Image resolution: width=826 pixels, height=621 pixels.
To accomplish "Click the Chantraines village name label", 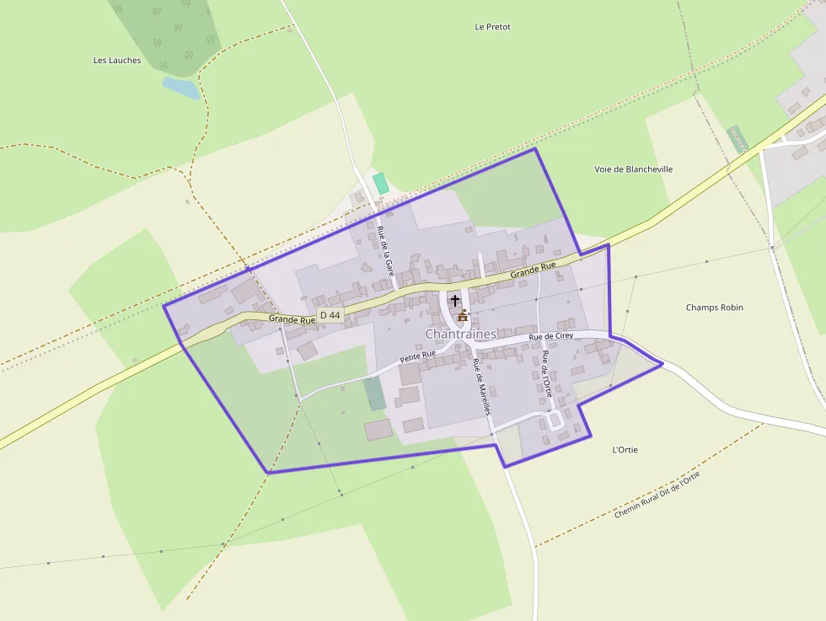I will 460,335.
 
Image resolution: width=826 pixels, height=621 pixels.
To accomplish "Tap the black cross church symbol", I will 455,300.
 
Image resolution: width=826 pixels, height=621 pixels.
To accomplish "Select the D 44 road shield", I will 330,315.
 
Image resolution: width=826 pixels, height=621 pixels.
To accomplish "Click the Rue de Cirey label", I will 551,336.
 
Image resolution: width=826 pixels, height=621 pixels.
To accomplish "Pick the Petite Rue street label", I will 417,356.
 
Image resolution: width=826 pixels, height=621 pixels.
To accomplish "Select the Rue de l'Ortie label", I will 546,374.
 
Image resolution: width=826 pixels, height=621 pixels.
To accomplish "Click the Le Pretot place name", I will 492,27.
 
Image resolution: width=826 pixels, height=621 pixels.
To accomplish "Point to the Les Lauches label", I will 117,61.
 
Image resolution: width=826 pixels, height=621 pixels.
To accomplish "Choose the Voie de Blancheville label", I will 633,169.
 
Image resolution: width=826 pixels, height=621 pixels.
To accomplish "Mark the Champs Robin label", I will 714,308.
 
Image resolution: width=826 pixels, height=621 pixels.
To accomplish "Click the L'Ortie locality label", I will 625,450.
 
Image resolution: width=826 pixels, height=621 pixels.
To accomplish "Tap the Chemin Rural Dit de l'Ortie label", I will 657,495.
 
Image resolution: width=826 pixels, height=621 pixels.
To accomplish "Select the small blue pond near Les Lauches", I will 181,88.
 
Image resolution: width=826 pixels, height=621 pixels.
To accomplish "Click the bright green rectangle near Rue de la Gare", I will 380,183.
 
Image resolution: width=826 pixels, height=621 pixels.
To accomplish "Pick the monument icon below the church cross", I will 462,316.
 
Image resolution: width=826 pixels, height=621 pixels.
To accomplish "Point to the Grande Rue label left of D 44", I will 292,319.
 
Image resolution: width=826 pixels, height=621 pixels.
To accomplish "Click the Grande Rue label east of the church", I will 533,270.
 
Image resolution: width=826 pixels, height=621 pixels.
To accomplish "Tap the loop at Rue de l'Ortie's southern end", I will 555,420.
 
